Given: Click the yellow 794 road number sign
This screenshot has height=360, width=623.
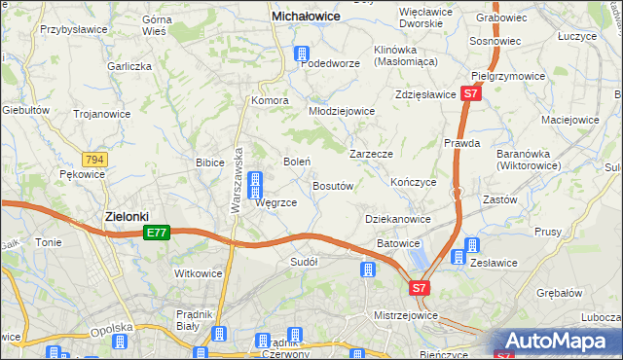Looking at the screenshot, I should click(x=94, y=159).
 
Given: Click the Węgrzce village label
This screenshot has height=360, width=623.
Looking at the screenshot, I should click(x=275, y=202).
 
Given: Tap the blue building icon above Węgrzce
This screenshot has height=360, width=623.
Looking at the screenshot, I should click(x=255, y=182).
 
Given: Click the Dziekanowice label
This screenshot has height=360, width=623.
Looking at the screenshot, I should click(x=398, y=220).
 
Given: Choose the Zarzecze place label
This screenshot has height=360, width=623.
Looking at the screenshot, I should click(x=371, y=154).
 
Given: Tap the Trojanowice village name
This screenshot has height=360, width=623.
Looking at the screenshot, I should click(x=104, y=114).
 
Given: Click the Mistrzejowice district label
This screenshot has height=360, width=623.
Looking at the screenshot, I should click(x=407, y=316).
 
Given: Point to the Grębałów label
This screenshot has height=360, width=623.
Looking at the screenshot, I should click(x=558, y=292).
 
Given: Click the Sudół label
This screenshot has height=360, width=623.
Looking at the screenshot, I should click(x=305, y=262).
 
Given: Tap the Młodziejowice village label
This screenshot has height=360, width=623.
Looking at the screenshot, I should click(x=342, y=111).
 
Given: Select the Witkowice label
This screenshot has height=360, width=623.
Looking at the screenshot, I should click(x=198, y=274).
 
